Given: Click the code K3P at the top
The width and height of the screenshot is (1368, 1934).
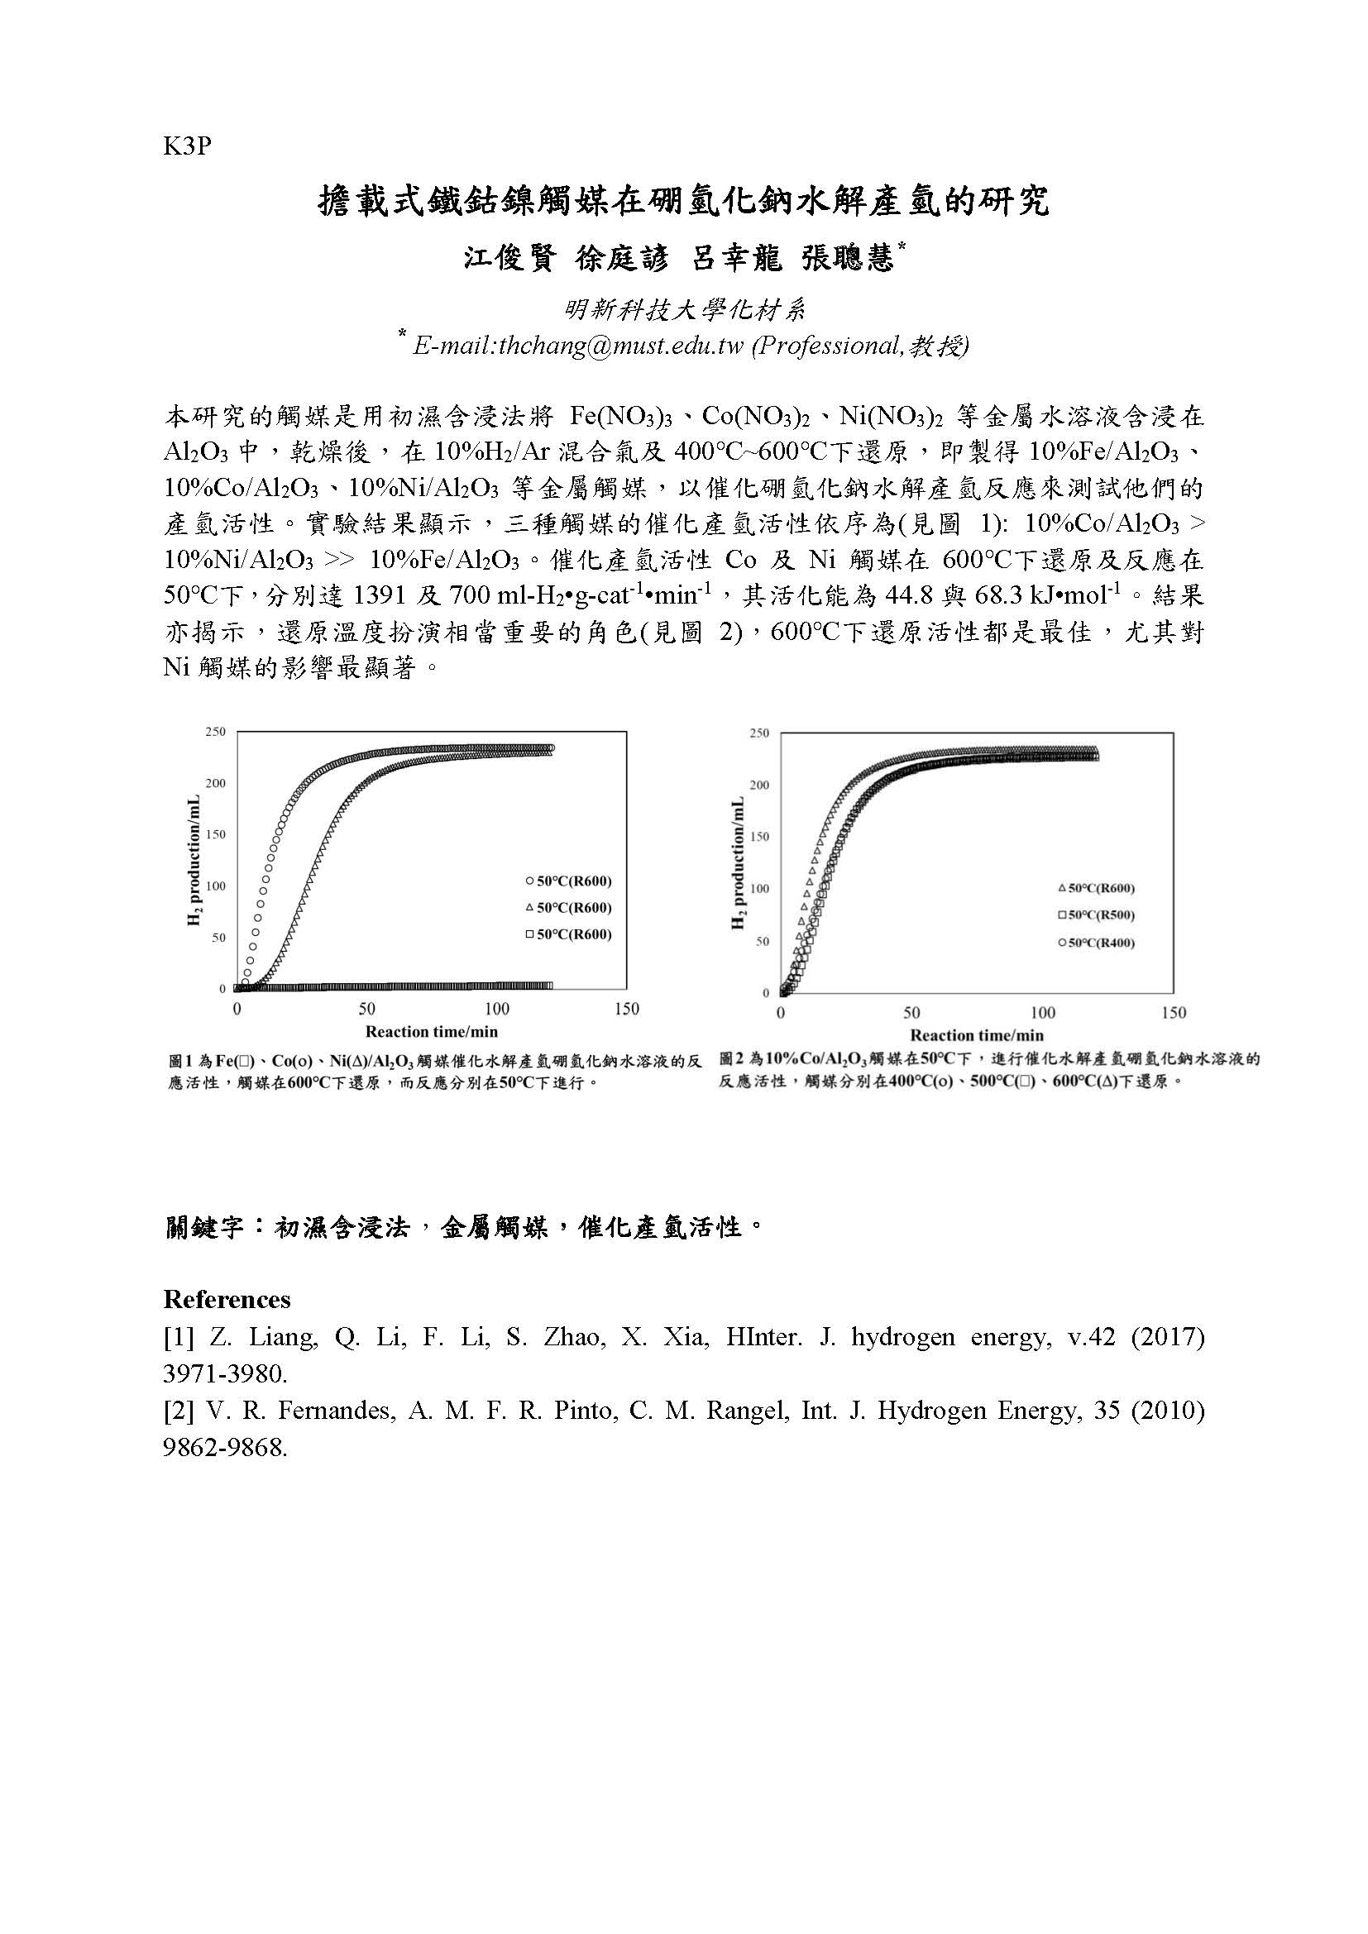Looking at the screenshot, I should [x=186, y=146].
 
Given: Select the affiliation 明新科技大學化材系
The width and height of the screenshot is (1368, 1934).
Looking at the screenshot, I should [x=685, y=311].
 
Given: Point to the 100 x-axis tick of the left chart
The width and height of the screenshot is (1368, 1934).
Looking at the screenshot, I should [x=497, y=1008].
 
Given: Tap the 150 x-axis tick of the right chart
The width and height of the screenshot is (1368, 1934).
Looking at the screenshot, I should [x=1174, y=1013].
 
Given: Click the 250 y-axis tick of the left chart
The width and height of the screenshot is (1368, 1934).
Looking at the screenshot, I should [x=216, y=732].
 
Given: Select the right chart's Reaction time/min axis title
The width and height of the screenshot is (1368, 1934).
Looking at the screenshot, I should [x=976, y=1035].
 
